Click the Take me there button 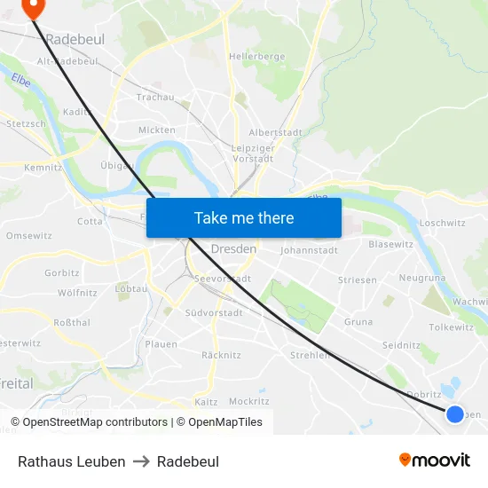(244, 217)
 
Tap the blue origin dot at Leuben (455, 413)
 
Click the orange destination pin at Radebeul (32, 8)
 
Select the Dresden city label (233, 249)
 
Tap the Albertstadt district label (275, 132)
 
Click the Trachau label (155, 97)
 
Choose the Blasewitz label (390, 243)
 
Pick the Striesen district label (357, 279)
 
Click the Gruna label (358, 321)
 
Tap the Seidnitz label (400, 344)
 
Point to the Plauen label (161, 344)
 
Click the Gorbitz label (61, 272)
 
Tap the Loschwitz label (442, 224)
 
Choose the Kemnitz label (43, 167)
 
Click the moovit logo (434, 460)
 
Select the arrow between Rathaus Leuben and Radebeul (141, 461)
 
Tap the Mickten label (156, 130)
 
